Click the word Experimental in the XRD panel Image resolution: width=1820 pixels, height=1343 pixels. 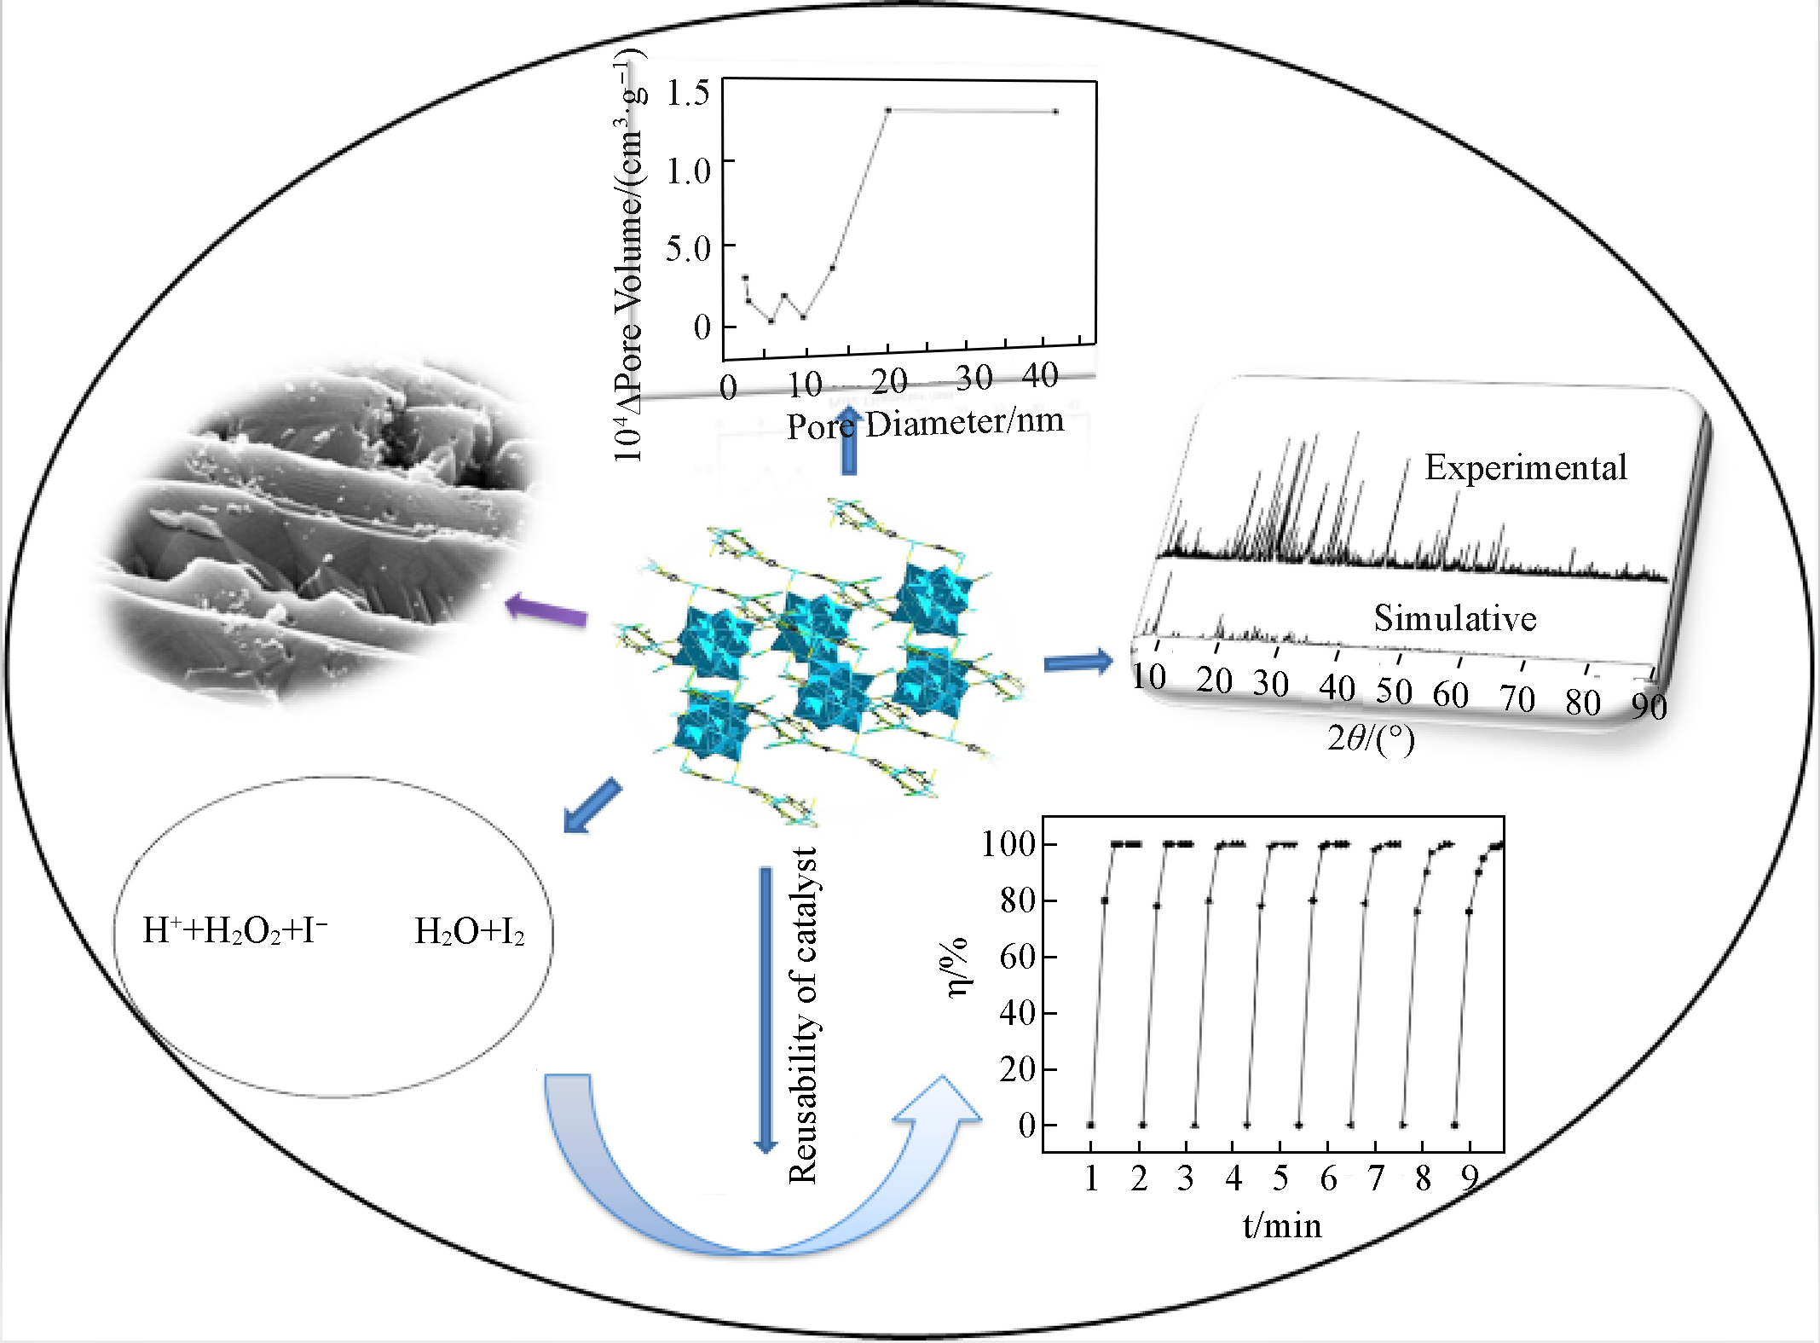[1525, 467]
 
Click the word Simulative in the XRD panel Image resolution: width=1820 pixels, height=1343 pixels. [1454, 618]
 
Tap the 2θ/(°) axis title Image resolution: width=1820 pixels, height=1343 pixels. [1370, 738]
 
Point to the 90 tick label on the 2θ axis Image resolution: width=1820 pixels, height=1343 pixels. [1649, 707]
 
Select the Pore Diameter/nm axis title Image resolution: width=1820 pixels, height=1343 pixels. [925, 423]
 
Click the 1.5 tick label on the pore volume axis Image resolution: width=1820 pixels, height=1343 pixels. [688, 93]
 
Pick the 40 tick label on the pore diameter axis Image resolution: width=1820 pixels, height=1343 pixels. [1040, 375]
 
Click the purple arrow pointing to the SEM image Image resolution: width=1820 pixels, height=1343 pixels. [546, 611]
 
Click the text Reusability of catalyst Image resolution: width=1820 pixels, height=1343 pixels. [803, 1016]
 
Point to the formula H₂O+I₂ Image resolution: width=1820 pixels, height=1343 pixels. [469, 932]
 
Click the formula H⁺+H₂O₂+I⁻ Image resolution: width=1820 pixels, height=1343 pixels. [235, 930]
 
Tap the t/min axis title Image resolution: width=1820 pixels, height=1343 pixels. [1281, 1225]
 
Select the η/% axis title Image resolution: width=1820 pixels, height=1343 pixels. [956, 966]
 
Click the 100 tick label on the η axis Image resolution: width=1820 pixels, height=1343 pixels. [1008, 844]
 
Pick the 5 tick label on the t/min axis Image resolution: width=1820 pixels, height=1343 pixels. [1280, 1178]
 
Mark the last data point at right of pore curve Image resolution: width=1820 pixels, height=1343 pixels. [1055, 112]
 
